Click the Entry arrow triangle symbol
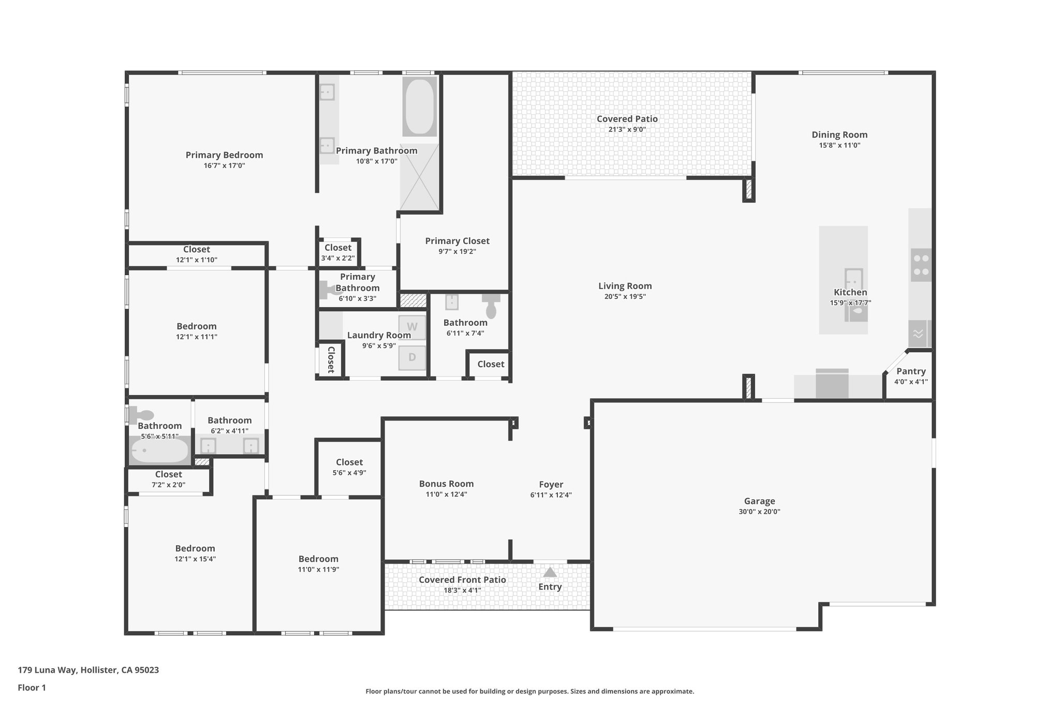click(550, 572)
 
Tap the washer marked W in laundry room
click(412, 327)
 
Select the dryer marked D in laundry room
click(412, 357)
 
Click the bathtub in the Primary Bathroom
click(419, 107)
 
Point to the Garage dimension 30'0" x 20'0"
click(759, 512)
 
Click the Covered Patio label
click(627, 118)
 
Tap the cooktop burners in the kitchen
click(920, 264)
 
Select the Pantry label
click(911, 371)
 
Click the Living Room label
click(625, 286)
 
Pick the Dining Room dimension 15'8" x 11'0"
click(840, 145)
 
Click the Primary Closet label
click(457, 241)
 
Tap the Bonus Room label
click(446, 484)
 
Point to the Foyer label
click(551, 484)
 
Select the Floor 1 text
click(32, 687)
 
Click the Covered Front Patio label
click(462, 579)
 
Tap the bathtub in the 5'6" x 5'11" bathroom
click(159, 450)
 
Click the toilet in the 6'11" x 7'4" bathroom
click(491, 307)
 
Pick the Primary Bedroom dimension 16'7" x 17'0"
click(224, 166)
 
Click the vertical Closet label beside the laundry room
click(331, 359)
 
